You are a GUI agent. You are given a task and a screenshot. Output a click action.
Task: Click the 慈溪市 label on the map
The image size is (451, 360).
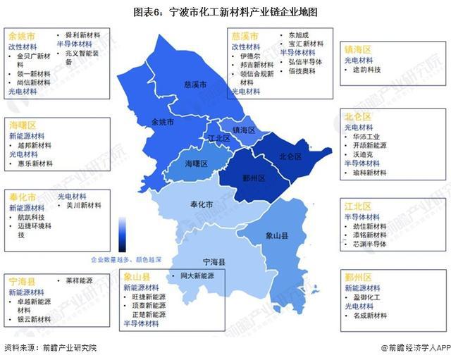pyautogui.click(x=195, y=84)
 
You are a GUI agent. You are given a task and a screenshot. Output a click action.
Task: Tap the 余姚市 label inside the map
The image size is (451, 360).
pyautogui.click(x=162, y=121)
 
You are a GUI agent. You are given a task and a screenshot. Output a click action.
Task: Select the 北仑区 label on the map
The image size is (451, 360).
pyautogui.click(x=290, y=156)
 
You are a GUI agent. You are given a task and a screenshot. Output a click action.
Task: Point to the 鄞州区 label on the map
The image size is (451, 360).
pyautogui.click(x=252, y=178)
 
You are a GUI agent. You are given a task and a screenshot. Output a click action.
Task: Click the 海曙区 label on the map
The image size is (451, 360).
pyautogui.click(x=196, y=163)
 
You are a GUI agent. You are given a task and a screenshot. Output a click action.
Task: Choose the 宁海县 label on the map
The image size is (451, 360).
pyautogui.click(x=212, y=261)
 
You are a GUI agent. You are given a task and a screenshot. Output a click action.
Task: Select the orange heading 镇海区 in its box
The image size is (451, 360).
pyautogui.click(x=358, y=49)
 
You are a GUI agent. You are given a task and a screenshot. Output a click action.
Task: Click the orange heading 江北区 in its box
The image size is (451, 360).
pyautogui.click(x=358, y=206)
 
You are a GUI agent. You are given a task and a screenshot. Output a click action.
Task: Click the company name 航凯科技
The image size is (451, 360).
pyautogui.click(x=32, y=217)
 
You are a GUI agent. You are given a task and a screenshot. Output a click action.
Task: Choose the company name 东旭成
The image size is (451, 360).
pyautogui.click(x=298, y=34)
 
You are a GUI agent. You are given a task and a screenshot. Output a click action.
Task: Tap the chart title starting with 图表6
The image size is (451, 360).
pyautogui.click(x=225, y=12)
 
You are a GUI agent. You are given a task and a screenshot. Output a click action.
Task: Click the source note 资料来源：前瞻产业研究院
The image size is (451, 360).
pyautogui.click(x=50, y=348)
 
